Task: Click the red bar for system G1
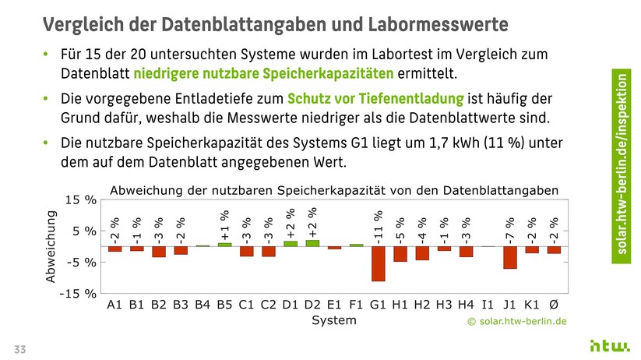pos(378,263)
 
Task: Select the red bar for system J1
pos(509,257)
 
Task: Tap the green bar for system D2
pos(312,243)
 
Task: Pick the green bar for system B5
pos(224,245)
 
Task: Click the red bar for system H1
pos(400,254)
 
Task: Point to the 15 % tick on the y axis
pos(81,200)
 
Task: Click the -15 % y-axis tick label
pos(78,294)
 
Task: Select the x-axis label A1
pos(114,305)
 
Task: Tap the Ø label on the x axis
pos(554,305)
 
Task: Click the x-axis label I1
pos(488,305)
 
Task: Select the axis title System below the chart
pos(333,320)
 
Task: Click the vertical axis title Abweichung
pos(51,246)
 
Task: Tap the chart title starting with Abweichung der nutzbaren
pos(334,190)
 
